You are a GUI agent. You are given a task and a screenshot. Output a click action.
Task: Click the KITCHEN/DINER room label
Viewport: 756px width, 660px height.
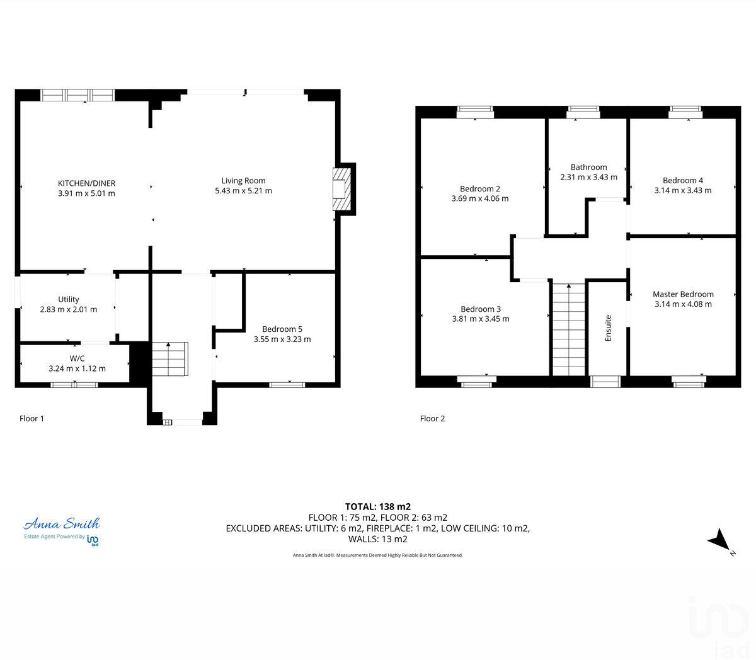tap(86, 183)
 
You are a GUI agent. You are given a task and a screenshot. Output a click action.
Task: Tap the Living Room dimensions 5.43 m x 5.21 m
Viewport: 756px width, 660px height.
tap(243, 191)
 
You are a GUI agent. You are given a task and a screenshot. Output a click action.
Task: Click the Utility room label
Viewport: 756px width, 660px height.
tap(68, 299)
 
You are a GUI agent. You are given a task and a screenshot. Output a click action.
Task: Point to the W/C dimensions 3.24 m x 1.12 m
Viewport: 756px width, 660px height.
tap(77, 368)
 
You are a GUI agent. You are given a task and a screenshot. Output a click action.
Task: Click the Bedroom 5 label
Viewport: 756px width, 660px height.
tap(282, 329)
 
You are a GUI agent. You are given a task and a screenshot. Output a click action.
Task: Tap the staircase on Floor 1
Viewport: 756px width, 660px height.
tap(169, 358)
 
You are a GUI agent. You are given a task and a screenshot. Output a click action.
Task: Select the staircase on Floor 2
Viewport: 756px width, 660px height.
tap(569, 329)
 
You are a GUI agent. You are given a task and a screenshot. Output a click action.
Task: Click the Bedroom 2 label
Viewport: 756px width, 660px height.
tap(479, 188)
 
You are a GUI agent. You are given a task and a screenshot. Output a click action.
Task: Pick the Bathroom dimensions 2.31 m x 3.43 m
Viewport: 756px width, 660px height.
tap(588, 177)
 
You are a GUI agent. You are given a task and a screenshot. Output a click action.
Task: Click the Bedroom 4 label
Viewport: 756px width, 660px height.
tap(682, 180)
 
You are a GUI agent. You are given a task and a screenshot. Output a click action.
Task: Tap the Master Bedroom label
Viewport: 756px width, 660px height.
tap(683, 294)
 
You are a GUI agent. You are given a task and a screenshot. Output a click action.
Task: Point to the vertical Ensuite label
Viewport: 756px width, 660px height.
tap(608, 328)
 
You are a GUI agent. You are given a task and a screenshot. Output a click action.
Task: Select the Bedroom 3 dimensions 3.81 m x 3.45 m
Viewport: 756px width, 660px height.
tap(481, 319)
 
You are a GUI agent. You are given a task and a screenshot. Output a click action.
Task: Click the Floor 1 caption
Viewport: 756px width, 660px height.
tap(31, 418)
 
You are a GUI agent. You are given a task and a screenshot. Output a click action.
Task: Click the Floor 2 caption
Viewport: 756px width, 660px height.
tap(432, 418)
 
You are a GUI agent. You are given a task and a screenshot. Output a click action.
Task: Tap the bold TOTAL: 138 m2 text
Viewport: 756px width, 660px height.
tap(377, 506)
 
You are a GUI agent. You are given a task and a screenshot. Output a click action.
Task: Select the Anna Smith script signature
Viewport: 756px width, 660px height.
tap(62, 523)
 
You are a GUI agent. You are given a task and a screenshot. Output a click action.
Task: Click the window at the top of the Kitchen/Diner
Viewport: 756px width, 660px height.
tap(77, 95)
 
